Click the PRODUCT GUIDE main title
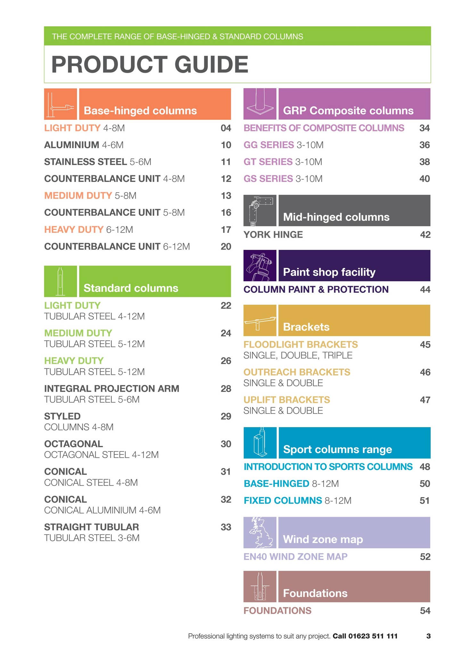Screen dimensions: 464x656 coord(150,64)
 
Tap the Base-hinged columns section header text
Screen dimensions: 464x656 coord(140,111)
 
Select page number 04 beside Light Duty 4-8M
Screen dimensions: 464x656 coord(226,128)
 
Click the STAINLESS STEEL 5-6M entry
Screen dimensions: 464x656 coord(98,162)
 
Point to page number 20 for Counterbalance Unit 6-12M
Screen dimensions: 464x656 coord(226,246)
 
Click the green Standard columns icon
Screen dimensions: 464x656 coord(61,281)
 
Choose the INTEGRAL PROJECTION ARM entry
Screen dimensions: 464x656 coord(112,389)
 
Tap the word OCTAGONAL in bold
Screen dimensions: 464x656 coord(74,444)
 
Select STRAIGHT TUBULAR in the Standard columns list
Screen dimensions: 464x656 coord(92,527)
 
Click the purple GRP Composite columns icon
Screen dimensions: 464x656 coord(260,104)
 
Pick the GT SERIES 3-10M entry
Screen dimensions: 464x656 coord(283,162)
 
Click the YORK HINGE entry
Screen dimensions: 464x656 coord(273,234)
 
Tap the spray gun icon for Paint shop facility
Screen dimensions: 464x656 coord(260,266)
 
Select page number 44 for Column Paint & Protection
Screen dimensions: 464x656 coord(425,290)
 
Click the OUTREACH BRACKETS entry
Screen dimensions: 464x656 coord(297,372)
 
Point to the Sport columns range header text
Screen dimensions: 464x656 coord(338,449)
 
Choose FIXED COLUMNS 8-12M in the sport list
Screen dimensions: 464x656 coord(297,500)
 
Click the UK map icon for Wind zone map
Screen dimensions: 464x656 coord(260,532)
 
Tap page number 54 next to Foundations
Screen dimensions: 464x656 coord(425,611)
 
